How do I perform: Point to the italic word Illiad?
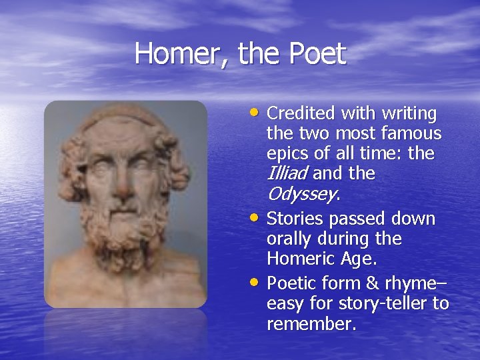287,174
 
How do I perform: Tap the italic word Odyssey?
301,195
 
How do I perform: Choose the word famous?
411,134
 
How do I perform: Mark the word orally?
288,239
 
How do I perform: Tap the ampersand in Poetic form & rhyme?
371,283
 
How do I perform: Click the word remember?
311,324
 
